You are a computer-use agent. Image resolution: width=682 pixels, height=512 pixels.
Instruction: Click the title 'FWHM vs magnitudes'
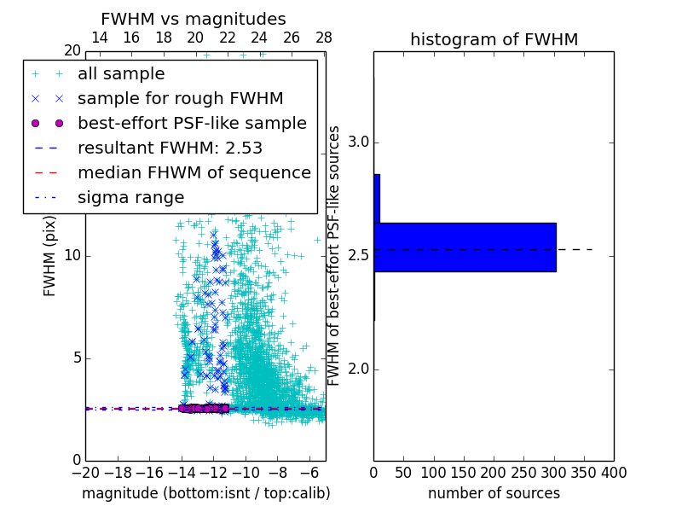[x=194, y=19]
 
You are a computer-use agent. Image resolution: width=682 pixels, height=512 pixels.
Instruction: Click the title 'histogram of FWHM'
[x=494, y=39]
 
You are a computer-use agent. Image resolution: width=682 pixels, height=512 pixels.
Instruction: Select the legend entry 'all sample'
[x=121, y=74]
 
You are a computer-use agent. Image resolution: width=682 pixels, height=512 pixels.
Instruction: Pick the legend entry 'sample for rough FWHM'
[x=180, y=99]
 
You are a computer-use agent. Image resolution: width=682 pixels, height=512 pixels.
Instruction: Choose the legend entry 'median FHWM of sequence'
[x=194, y=172]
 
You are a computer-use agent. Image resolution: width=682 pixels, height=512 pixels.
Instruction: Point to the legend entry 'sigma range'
[x=130, y=197]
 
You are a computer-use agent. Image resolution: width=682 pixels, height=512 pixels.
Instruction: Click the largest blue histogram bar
[x=465, y=247]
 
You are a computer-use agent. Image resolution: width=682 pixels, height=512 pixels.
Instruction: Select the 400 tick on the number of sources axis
[x=614, y=472]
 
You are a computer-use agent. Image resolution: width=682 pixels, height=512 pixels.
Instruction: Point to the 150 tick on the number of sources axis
[x=464, y=472]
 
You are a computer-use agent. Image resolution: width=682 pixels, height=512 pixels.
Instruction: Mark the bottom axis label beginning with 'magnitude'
[x=205, y=493]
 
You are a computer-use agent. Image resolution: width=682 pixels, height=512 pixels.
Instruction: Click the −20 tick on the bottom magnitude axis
[x=85, y=472]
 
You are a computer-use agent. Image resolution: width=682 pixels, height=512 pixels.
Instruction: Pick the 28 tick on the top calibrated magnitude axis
[x=324, y=38]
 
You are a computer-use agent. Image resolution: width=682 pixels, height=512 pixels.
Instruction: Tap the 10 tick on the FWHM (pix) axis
[x=72, y=256]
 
